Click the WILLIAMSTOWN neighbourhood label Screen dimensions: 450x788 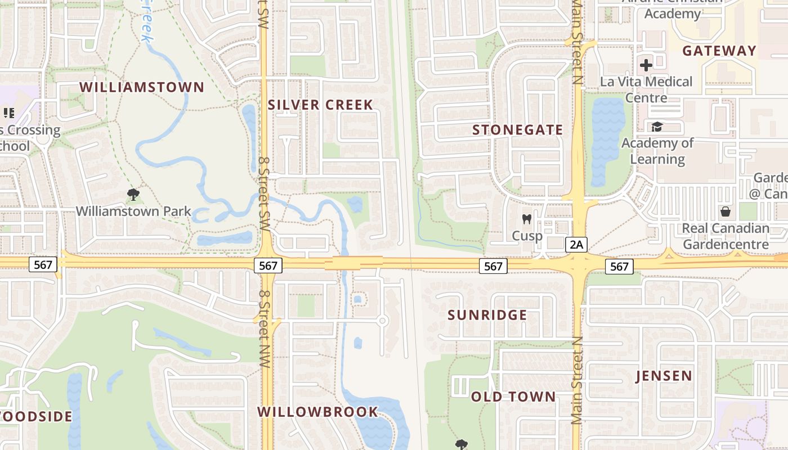point(141,87)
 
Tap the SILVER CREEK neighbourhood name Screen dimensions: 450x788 point(320,105)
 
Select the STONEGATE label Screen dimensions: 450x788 point(517,130)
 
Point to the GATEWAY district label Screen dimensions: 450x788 point(719,51)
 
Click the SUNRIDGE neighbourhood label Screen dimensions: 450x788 point(487,315)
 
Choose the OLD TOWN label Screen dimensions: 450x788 point(513,397)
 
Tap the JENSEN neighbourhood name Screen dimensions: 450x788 point(664,376)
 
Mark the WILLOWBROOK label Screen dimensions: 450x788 point(318,412)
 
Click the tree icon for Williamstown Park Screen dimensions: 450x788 point(133,195)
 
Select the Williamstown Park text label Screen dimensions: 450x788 point(133,211)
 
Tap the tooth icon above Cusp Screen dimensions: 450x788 point(527,219)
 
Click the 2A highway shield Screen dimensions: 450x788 point(576,244)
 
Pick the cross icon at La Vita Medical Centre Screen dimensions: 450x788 point(646,65)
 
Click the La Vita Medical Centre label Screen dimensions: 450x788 point(646,89)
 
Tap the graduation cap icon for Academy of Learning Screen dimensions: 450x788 point(657,127)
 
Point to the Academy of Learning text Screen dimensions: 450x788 point(657,151)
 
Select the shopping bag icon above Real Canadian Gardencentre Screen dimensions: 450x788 point(726,211)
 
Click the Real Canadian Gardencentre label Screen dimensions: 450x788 point(726,236)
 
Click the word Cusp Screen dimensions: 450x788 point(527,236)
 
